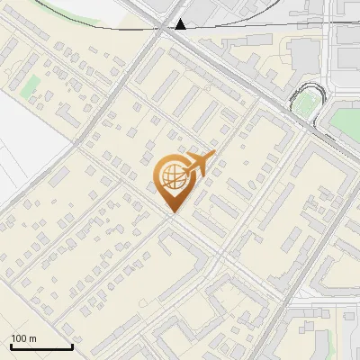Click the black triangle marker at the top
pyautogui.click(x=182, y=24)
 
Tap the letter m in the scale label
pyautogui.click(x=33, y=338)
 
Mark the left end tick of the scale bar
pyautogui.click(x=11, y=346)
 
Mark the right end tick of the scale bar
pyautogui.click(x=72, y=346)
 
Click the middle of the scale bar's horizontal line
pyautogui.click(x=41, y=347)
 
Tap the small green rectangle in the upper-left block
pyautogui.click(x=31, y=87)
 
